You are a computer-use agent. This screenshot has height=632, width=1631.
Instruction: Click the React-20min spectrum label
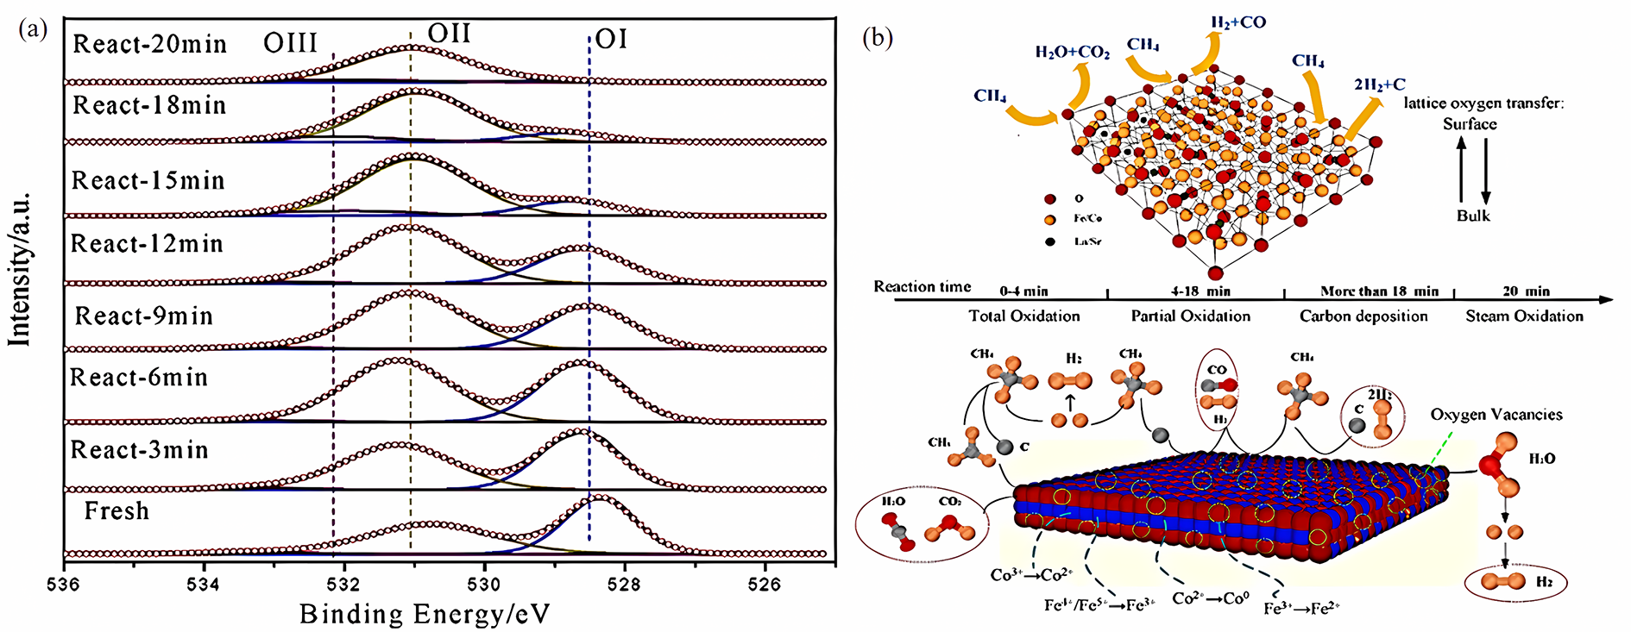[149, 44]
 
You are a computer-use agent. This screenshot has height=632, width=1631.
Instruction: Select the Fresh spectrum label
[116, 511]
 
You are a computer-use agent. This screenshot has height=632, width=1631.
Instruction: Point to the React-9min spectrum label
[143, 316]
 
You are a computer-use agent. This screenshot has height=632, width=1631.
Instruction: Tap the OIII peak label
[291, 43]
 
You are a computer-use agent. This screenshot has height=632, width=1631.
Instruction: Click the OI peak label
[611, 40]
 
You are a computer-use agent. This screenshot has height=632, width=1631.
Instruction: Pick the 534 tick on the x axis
[205, 585]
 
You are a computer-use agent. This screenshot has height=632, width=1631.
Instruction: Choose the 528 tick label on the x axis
[624, 585]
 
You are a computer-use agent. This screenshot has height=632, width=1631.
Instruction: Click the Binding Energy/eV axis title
[424, 615]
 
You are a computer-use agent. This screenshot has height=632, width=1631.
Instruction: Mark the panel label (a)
[33, 30]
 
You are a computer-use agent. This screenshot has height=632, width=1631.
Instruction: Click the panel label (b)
[878, 38]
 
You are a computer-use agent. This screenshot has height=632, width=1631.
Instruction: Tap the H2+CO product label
[1238, 22]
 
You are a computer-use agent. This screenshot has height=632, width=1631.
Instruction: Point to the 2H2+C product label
[1379, 84]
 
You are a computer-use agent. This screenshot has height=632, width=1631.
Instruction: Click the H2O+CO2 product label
[1072, 53]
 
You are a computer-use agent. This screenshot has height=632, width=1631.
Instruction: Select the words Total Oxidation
[1024, 316]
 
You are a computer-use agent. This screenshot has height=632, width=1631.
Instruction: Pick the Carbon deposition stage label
[1363, 316]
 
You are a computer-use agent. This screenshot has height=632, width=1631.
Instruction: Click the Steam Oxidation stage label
[1524, 316]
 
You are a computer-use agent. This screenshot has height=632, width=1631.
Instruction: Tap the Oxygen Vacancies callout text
[1496, 415]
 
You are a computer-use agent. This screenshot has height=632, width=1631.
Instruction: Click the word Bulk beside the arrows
[1473, 216]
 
